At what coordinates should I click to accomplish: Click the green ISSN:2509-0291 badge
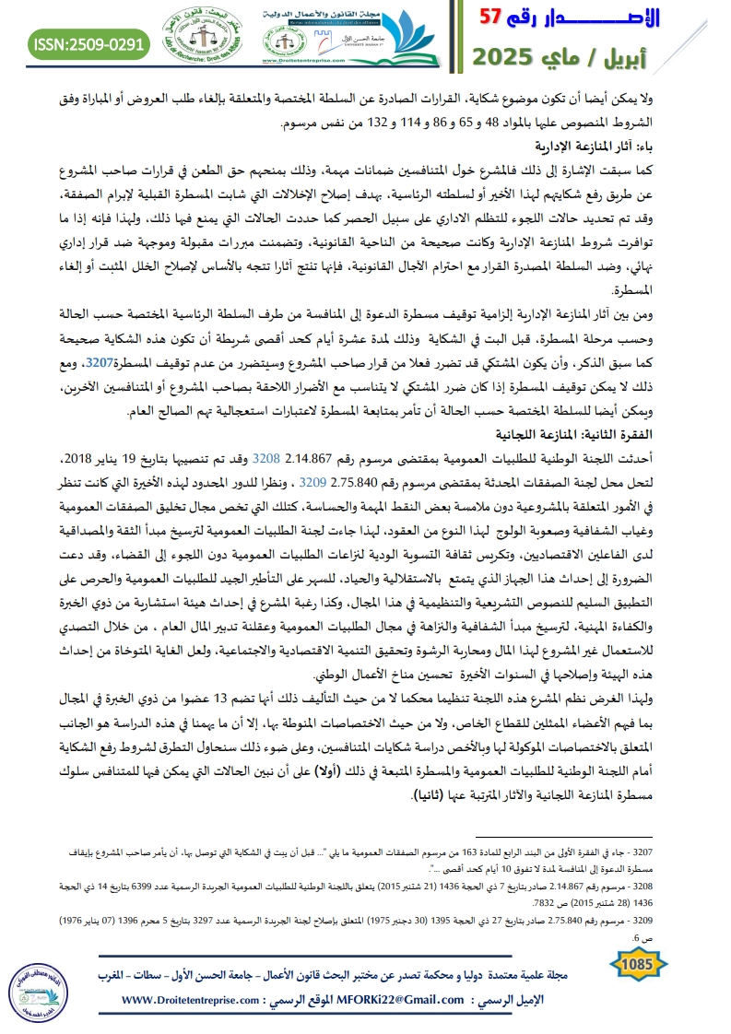(x=90, y=42)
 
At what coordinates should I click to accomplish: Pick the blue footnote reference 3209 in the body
(x=315, y=479)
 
